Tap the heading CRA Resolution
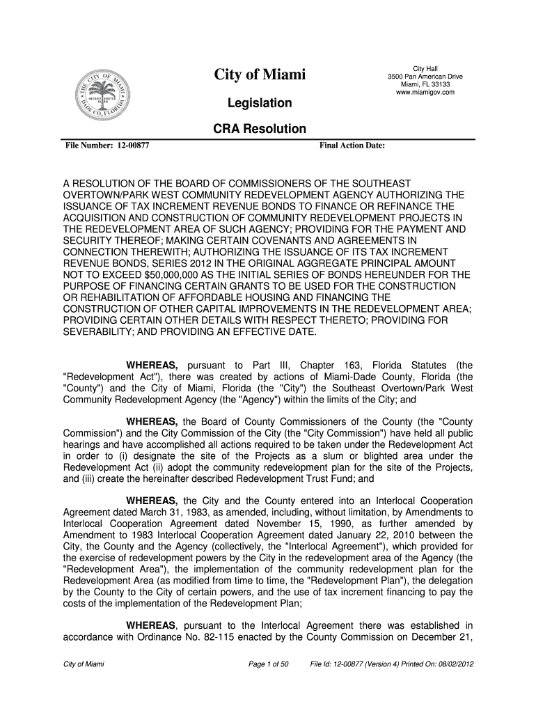[x=260, y=129]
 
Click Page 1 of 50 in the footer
[x=268, y=664]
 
